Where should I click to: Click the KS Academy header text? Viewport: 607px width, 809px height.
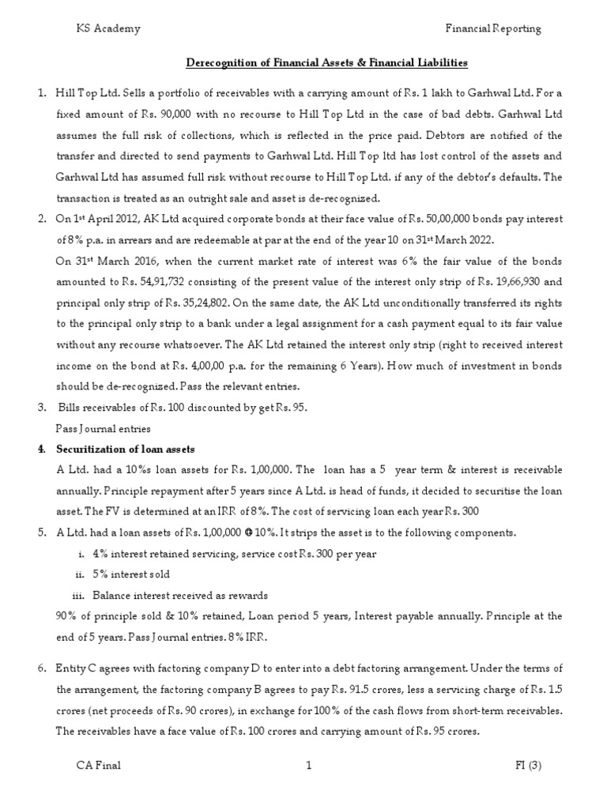point(107,28)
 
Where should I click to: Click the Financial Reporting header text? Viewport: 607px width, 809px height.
point(494,28)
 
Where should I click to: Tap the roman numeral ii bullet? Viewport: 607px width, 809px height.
point(78,574)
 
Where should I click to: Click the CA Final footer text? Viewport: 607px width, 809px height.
point(98,765)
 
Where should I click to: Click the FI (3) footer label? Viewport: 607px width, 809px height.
point(525,765)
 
